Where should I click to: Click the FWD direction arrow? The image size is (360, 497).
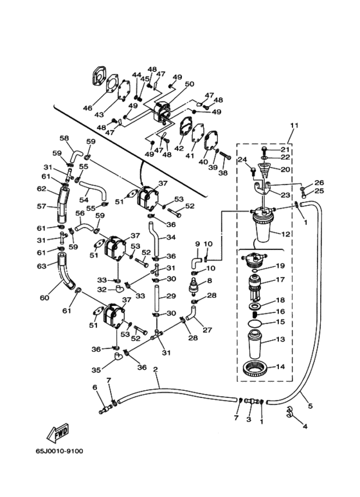(x=58, y=433)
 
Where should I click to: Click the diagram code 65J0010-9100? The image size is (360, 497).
(x=60, y=451)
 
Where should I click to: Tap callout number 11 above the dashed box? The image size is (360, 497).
(x=294, y=125)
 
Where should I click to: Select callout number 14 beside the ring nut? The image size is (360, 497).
(x=280, y=366)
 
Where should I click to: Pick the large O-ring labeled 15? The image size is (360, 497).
(x=256, y=323)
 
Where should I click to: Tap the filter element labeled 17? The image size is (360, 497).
(x=256, y=287)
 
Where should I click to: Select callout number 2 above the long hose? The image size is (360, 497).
(x=156, y=370)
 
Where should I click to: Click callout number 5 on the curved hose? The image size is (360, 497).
(x=310, y=406)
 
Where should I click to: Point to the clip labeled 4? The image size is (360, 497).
(x=289, y=411)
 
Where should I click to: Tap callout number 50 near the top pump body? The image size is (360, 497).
(x=189, y=84)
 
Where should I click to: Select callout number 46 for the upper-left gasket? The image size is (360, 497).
(x=87, y=108)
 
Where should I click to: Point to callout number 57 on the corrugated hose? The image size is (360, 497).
(x=42, y=206)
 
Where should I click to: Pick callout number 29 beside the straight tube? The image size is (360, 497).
(x=171, y=296)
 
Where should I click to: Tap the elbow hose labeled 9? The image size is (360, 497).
(x=195, y=262)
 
